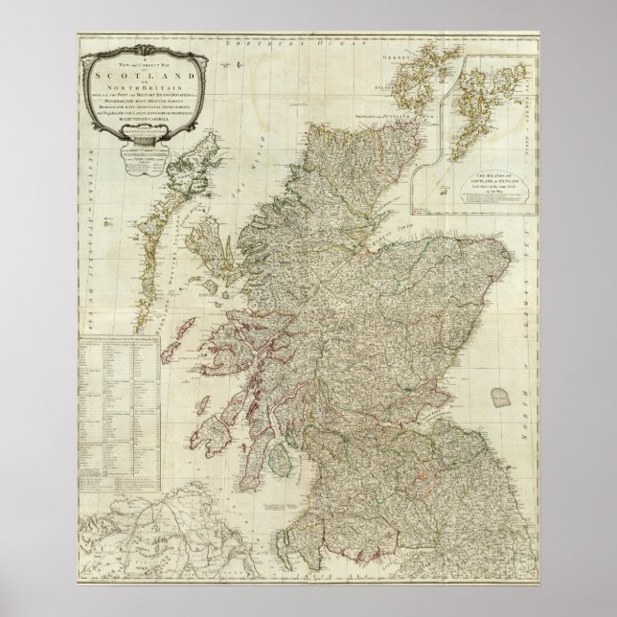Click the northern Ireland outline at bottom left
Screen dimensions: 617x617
[144, 537]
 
